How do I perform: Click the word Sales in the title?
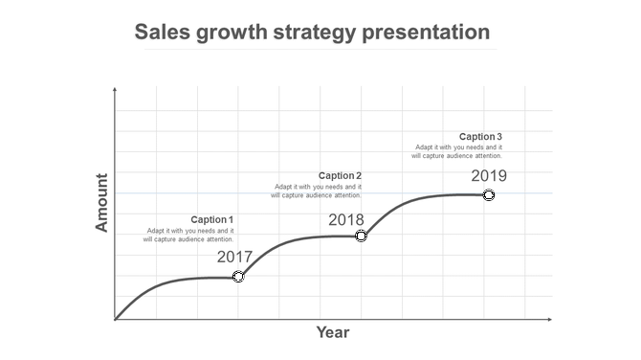coord(162,33)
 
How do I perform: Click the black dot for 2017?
coord(238,277)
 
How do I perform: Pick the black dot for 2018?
coord(361,236)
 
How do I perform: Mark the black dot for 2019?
coord(488,195)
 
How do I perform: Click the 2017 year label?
coord(234,257)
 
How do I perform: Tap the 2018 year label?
coord(346,219)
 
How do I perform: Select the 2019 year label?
coord(488,175)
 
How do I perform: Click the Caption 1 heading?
coord(211,220)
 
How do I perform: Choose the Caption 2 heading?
coord(340,175)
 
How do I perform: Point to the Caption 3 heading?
coord(480,136)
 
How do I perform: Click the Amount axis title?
coord(103,202)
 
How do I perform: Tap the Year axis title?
coord(333,333)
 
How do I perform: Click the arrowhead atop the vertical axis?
coord(115,89)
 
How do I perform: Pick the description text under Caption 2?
coord(316,191)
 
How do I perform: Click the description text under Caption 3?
coord(457,151)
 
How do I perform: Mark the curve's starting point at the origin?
coord(116,319)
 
